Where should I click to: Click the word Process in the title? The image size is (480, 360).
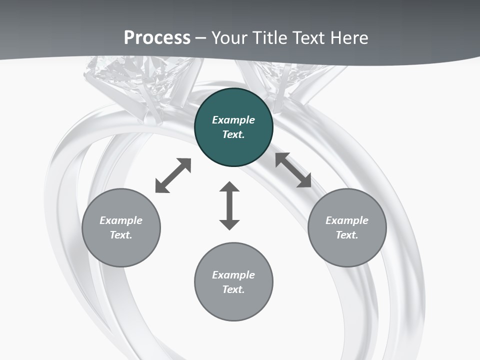(x=157, y=38)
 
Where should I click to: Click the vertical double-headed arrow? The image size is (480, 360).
(x=229, y=205)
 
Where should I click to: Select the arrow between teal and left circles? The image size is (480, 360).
(x=173, y=175)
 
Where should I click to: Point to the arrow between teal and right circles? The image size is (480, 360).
(x=293, y=170)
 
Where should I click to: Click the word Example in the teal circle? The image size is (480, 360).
(x=233, y=120)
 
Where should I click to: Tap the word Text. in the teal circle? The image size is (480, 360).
(x=233, y=134)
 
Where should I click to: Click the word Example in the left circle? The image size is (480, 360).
(x=121, y=220)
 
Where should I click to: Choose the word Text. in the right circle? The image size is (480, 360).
(x=347, y=235)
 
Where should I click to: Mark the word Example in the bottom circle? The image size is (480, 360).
(x=233, y=275)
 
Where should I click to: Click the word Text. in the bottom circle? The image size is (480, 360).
(x=233, y=289)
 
